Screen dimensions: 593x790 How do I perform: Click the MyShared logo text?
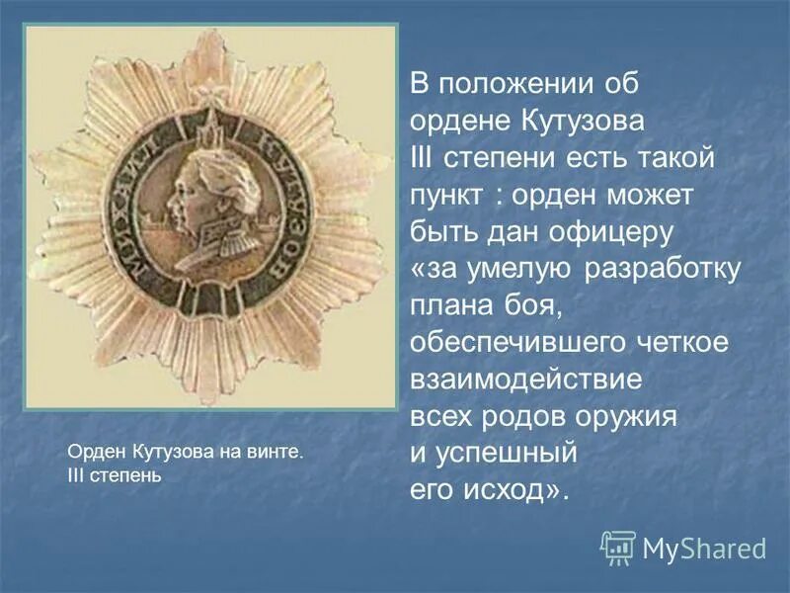click(704, 548)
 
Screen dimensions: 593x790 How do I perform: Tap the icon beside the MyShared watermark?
click(618, 547)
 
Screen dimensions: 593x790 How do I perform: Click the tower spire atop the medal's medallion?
click(210, 124)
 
